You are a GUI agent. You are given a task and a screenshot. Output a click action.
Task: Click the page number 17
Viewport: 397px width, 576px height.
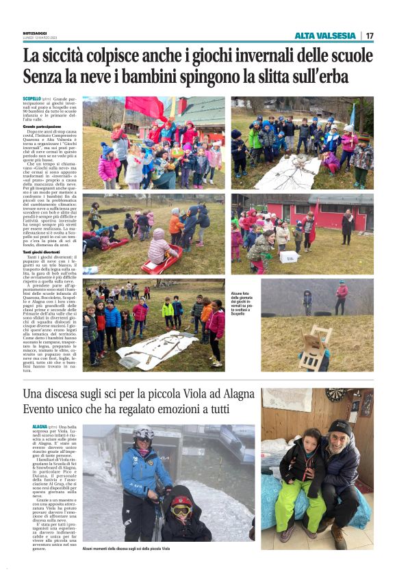pyautogui.click(x=369, y=36)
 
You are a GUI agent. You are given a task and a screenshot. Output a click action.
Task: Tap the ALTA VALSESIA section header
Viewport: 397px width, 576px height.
pyautogui.click(x=325, y=36)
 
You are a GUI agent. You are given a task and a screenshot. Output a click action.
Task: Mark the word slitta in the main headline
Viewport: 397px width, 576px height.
pyautogui.click(x=277, y=77)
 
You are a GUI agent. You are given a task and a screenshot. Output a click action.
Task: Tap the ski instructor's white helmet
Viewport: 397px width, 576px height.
pyautogui.click(x=144, y=434)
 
